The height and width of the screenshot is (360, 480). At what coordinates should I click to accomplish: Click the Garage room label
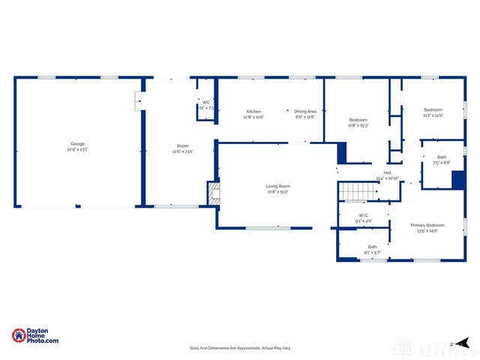77,143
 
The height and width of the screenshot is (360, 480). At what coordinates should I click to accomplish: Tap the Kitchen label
253,112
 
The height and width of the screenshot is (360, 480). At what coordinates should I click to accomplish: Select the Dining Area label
304,112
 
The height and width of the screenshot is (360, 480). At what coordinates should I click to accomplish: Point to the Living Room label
277,186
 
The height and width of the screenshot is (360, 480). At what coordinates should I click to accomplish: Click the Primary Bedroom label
427,225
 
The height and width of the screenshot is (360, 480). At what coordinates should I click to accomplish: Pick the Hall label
387,173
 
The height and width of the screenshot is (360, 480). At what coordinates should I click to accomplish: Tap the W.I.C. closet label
363,215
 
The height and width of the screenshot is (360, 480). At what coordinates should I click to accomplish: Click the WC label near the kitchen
205,103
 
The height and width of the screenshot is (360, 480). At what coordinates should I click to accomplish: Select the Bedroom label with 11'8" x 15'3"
358,120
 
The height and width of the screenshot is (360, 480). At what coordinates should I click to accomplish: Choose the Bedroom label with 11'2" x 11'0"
433,110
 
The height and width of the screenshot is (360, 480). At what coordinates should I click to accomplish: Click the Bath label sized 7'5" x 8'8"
441,157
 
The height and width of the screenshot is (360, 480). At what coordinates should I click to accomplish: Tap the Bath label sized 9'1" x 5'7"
372,247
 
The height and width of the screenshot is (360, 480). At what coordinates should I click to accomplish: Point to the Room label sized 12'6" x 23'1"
182,145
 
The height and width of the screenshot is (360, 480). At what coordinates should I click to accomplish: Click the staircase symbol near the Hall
353,192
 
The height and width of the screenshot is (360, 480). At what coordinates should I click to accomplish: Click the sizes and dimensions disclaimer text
240,348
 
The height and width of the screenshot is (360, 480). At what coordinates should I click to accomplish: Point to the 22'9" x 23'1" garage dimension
77,149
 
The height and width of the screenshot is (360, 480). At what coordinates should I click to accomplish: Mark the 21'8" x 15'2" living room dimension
277,192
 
